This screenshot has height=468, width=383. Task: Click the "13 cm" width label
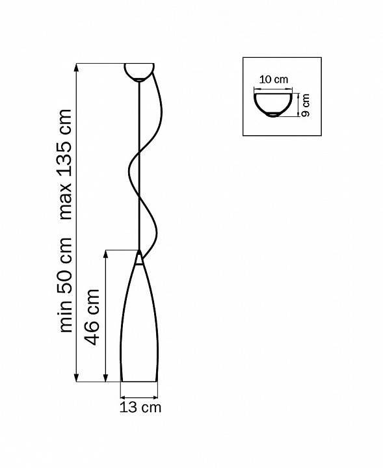(x=140, y=408)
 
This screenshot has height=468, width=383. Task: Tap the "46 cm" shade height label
(x=93, y=318)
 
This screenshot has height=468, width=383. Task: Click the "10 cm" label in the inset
(x=273, y=79)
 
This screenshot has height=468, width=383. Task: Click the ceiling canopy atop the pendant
(x=139, y=71)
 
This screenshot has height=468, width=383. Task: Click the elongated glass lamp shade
(x=139, y=325)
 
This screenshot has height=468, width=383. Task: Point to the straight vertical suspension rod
(x=139, y=162)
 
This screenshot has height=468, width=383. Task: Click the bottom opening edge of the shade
(x=139, y=381)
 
